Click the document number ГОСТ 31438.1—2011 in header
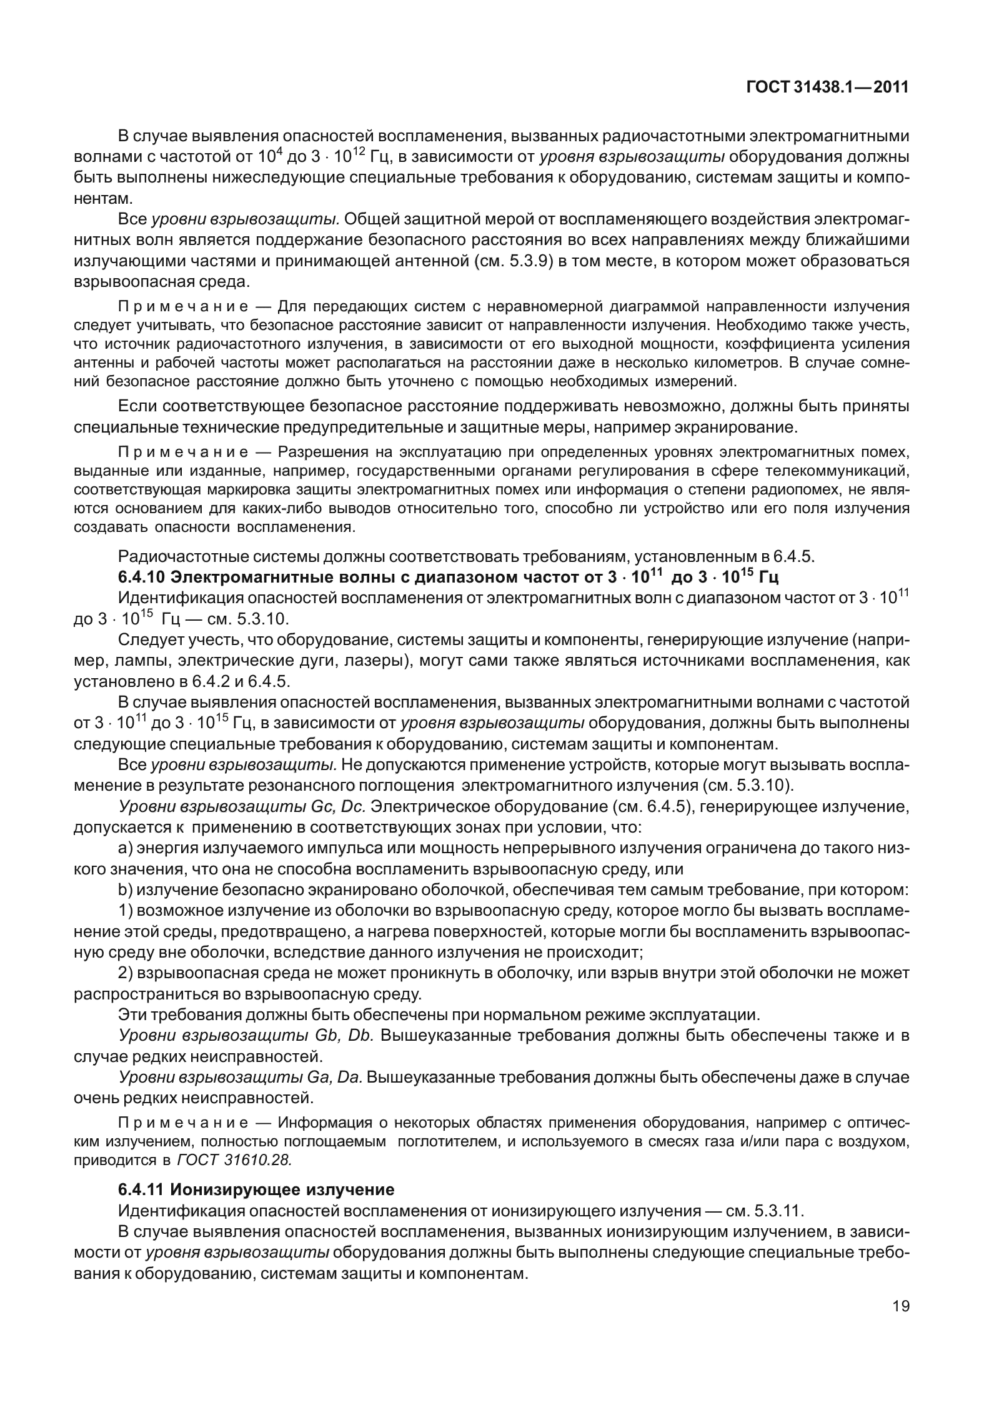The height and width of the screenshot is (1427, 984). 827,88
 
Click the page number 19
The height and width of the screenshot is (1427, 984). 900,1324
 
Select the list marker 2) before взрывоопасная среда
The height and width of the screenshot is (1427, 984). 124,973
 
